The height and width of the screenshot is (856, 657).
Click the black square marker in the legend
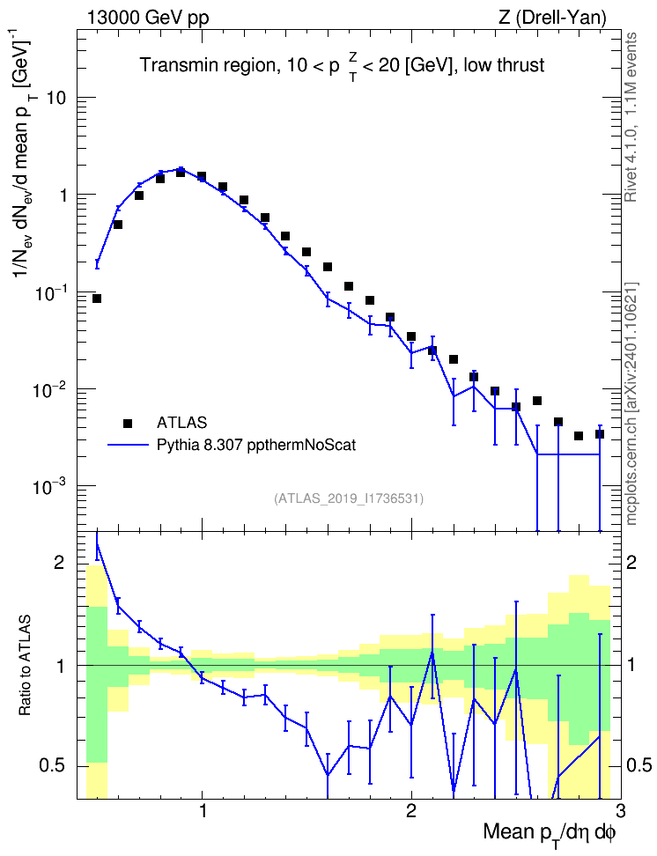pos(128,423)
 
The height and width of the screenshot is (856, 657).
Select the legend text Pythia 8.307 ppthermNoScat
pos(256,445)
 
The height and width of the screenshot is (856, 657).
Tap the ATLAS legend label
pos(181,423)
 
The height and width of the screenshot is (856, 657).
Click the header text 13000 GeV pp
pos(148,18)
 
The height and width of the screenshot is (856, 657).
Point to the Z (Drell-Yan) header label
pos(552,18)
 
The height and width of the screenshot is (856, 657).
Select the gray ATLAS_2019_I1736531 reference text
pos(349,498)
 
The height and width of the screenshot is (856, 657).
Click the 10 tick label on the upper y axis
pos(55,99)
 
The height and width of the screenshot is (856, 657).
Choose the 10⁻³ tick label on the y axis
pos(47,484)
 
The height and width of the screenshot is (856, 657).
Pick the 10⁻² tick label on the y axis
pos(47,387)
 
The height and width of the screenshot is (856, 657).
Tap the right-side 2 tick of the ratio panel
pos(631,562)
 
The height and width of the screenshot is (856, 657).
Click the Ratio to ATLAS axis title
pos(25,666)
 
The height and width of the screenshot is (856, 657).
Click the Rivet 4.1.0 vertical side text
pos(631,117)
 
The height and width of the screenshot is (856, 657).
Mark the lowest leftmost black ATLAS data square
pos(97,299)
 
